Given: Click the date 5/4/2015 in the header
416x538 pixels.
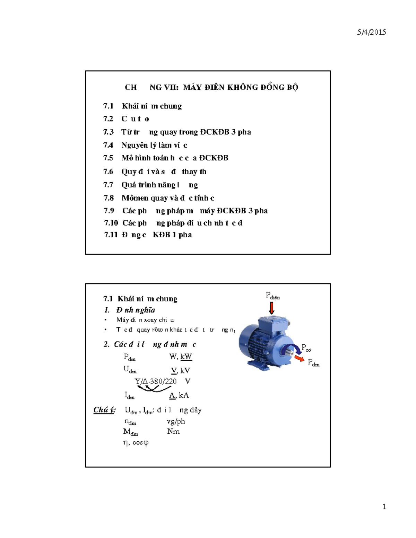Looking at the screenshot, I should pos(371,32).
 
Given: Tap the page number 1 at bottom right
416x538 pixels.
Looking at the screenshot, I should pos(384,507).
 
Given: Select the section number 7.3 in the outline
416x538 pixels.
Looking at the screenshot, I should pos(108,132).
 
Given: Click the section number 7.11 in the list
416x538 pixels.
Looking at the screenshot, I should pos(111,235).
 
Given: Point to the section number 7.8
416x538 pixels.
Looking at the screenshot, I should pos(109,198).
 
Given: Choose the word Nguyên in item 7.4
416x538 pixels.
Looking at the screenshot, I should pos(132,145).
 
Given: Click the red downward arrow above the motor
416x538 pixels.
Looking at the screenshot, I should pos(272,308).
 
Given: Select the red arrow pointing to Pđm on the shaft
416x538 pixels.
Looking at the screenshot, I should pos(299,358).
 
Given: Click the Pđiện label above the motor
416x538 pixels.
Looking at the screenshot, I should pos(273,296).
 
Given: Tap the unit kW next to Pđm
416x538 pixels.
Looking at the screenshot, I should pos(186,356).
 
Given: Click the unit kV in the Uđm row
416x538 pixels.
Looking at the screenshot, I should pos(185,371).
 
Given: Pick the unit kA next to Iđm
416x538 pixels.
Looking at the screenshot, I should pos(184,395).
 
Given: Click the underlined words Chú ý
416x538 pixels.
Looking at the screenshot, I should pos(104,410).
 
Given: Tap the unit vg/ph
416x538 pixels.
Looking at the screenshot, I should pos(176,421).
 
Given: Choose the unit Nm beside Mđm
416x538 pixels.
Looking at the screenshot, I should pos(173,431).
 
